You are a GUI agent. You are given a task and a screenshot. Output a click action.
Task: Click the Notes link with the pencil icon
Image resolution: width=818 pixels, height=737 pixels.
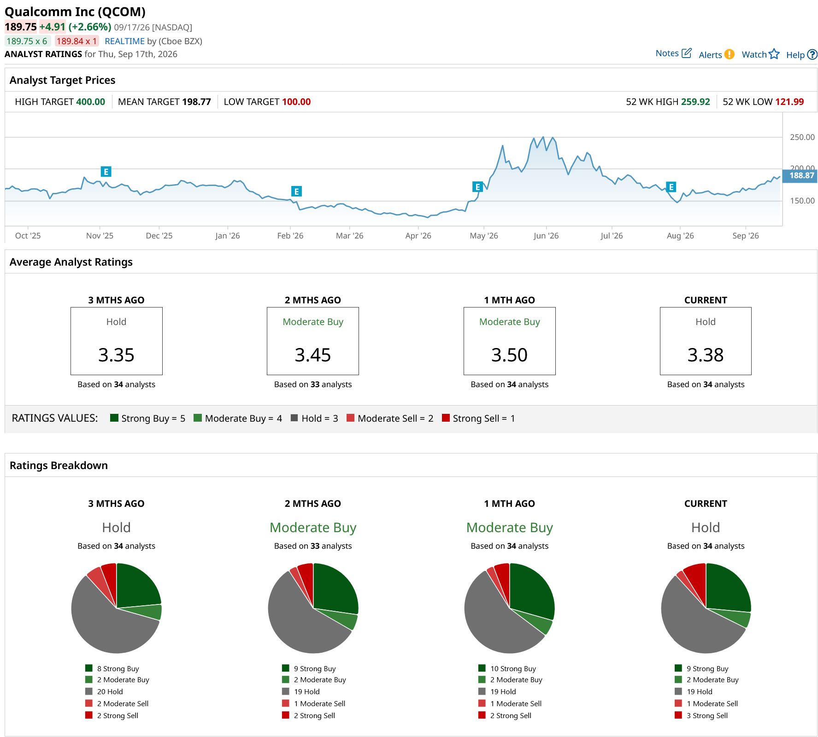(x=673, y=53)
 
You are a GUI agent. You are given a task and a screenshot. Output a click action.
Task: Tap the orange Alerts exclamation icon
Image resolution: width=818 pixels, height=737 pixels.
(x=729, y=54)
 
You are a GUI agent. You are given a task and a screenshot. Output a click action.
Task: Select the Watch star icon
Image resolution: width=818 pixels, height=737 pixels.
(x=774, y=54)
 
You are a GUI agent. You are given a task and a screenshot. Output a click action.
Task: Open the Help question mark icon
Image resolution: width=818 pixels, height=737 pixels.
(x=812, y=54)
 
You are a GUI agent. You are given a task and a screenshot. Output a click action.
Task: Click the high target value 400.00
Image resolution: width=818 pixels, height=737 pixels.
(x=90, y=102)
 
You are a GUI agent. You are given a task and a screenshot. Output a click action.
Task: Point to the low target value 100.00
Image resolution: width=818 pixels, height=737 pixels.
(x=296, y=102)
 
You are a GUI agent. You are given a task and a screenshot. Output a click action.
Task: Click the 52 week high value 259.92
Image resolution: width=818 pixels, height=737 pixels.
(x=695, y=102)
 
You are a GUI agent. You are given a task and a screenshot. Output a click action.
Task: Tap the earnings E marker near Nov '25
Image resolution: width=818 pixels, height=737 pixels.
(x=106, y=172)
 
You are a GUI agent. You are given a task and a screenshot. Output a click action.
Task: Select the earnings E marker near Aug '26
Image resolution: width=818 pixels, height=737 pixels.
(x=671, y=187)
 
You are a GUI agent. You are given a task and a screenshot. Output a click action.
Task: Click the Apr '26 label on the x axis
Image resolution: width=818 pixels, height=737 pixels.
(x=418, y=236)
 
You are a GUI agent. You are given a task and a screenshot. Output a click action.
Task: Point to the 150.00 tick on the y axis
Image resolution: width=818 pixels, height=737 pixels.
(x=802, y=201)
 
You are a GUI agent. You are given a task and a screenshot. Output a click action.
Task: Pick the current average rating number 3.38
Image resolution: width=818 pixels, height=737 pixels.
(x=706, y=355)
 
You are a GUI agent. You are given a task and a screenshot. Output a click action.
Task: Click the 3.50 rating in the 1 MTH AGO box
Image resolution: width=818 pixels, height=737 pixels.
(x=509, y=355)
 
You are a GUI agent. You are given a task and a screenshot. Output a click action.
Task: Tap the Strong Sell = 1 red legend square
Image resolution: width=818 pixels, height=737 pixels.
(x=446, y=418)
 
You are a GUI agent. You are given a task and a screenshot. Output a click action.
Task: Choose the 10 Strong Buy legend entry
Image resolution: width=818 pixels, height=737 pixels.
(x=507, y=668)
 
